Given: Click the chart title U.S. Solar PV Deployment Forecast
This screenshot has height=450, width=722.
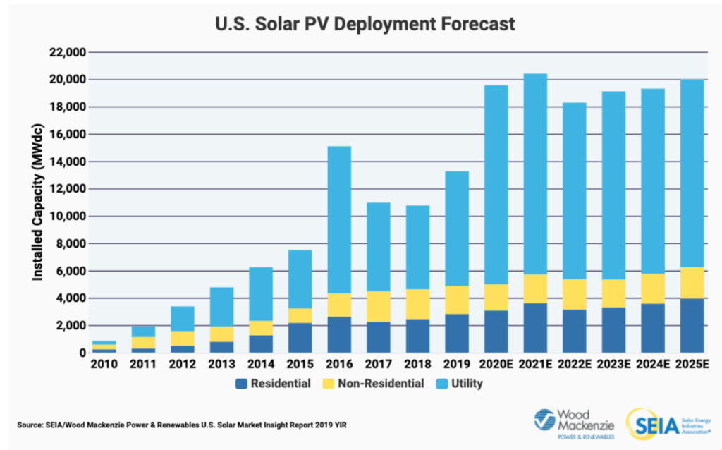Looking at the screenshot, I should pos(365,25).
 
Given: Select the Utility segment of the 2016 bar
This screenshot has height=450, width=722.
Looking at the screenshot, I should pos(338,219).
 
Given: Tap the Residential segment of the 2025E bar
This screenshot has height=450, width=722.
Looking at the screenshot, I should pos(692,325).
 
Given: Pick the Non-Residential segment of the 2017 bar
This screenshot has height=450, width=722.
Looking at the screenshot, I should pos(378,306).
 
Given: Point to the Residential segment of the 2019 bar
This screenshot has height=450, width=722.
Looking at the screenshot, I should pos(456,333).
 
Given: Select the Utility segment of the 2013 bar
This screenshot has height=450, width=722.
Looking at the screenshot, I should pos(221,307).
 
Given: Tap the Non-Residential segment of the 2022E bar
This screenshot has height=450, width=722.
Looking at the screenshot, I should pos(574,294).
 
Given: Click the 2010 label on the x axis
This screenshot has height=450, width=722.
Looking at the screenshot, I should pos(104,364).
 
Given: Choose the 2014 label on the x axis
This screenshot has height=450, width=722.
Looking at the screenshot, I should pos(260,364).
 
